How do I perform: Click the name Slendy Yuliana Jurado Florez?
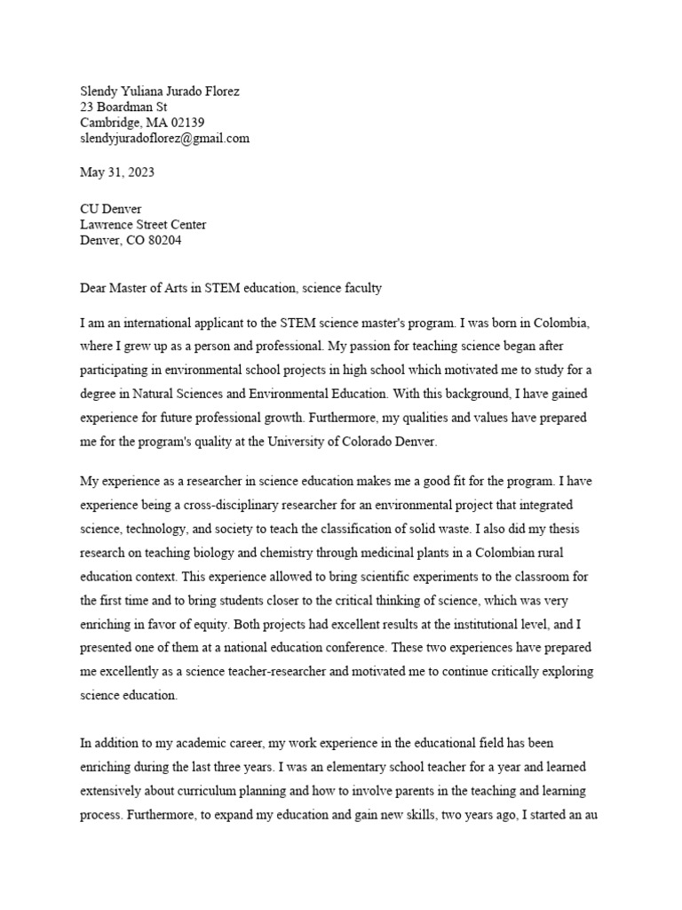(x=160, y=91)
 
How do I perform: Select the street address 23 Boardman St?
(x=123, y=107)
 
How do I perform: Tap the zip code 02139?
(x=185, y=123)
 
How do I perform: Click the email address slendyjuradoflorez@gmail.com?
(x=164, y=139)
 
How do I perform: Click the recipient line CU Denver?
(x=111, y=209)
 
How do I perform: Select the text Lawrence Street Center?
(x=143, y=225)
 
